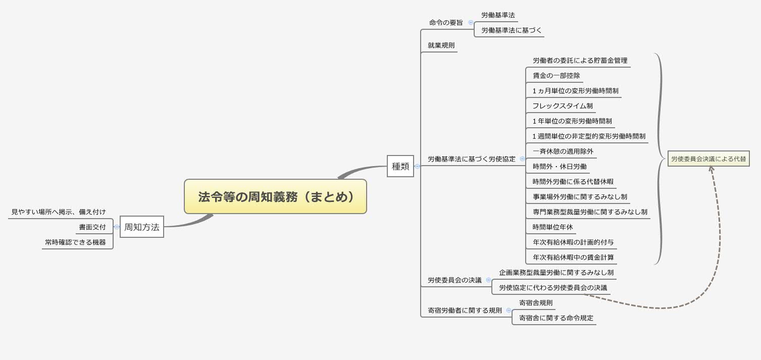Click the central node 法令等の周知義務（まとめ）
275,196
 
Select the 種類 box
400,166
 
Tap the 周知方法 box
142,227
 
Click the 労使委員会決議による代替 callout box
708,159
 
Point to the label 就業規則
441,45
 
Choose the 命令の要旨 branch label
446,23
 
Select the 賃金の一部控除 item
556,76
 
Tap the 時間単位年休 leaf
553,227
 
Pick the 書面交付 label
92,227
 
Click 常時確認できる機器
75,242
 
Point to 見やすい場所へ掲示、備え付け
59,212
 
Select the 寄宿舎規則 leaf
536,303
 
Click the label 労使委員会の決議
454,280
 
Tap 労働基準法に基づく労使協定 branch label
472,159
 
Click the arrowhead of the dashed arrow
711,169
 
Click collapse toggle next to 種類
417,166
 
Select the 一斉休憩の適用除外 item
563,151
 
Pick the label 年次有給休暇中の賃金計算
573,258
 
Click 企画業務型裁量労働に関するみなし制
556,273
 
